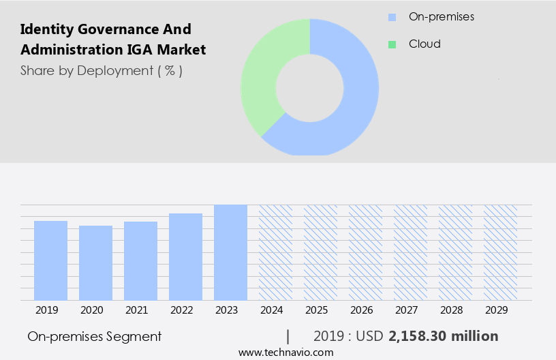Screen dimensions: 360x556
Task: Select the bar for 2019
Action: [51, 260]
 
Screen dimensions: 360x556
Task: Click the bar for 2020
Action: [96, 262]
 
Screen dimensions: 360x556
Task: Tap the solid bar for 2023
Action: [230, 252]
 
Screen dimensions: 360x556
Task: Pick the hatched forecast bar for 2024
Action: [275, 252]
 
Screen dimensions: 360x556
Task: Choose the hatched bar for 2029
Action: [500, 252]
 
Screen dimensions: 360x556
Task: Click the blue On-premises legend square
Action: [392, 17]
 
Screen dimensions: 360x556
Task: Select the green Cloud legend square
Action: [392, 44]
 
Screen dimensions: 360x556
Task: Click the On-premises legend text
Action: [442, 16]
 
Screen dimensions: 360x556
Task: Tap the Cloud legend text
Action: [424, 44]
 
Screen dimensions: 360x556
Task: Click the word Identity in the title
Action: [44, 29]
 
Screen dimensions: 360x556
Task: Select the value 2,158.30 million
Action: [444, 336]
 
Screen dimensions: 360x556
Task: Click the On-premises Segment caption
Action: [95, 336]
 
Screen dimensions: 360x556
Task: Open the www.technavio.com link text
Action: [286, 352]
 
